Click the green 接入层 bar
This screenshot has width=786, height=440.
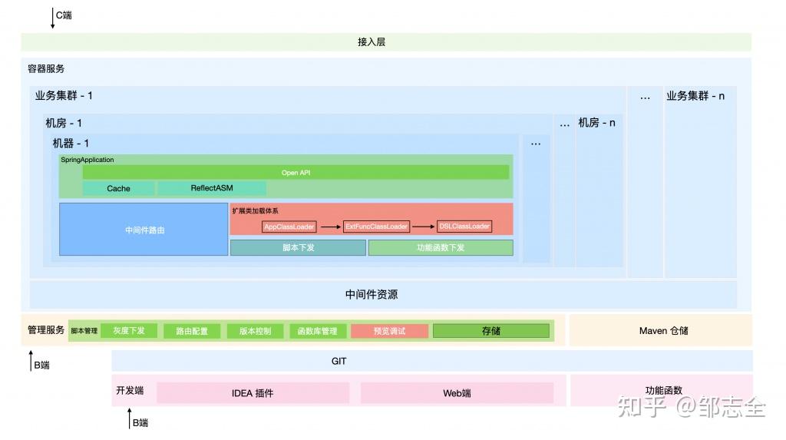click(386, 42)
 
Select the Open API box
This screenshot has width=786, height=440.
click(296, 173)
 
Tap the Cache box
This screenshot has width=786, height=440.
click(119, 188)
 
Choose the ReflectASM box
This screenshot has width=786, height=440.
click(212, 188)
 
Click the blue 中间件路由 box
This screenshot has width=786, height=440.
click(144, 229)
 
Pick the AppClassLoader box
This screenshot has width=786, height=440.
click(289, 227)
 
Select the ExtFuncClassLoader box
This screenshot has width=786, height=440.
click(376, 227)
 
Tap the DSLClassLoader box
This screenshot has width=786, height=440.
click(464, 227)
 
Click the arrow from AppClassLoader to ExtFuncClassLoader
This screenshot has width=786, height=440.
click(330, 227)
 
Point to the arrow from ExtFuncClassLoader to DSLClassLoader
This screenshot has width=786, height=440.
click(422, 227)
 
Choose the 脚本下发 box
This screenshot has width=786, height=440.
click(298, 247)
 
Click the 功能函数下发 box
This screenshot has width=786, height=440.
click(441, 247)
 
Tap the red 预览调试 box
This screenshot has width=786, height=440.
click(389, 331)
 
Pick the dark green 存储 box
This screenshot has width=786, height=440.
click(491, 331)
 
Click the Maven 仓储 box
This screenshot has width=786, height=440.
click(661, 331)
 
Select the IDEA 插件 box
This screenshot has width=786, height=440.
click(253, 393)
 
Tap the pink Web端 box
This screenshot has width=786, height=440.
click(457, 393)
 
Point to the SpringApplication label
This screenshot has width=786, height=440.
click(88, 160)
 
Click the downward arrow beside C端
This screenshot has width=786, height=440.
click(52, 18)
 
